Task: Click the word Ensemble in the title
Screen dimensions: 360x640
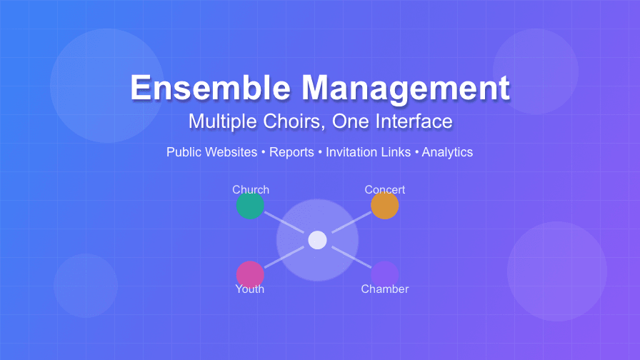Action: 211,89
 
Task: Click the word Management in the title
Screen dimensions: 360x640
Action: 405,89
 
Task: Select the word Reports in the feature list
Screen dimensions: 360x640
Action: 291,152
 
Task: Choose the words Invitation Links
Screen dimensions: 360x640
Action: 368,152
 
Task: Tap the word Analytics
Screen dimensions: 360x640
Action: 447,152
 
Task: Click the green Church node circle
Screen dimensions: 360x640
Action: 250,206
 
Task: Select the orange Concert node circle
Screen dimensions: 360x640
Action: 384,206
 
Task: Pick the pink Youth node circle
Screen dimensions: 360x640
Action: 250,274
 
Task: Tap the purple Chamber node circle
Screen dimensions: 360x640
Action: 384,274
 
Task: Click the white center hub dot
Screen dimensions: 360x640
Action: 317,240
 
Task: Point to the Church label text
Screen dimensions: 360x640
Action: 251,189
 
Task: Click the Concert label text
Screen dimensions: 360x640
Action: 384,189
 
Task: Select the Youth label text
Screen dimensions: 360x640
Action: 250,289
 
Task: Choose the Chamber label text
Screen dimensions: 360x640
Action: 384,289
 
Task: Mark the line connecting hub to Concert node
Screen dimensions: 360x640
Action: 351,223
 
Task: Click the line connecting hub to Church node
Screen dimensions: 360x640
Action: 284,223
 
